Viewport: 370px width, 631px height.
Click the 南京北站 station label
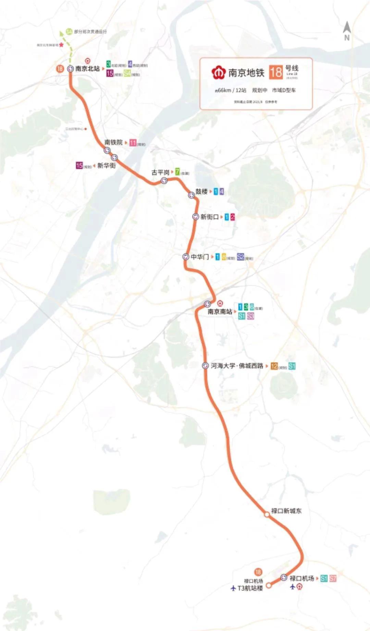coord(87,69)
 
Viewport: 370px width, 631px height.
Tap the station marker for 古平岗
coord(164,180)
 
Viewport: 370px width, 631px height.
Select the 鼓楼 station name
coord(201,191)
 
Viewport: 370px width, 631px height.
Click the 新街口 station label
coord(209,217)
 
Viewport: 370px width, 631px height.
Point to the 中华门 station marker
coord(186,257)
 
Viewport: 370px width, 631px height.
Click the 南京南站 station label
coord(220,311)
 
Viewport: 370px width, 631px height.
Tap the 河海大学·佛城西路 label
coord(237,366)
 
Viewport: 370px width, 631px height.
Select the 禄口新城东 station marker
coord(267,514)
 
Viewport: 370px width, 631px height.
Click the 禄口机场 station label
coord(302,578)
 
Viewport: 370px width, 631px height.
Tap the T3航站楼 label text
coord(250,588)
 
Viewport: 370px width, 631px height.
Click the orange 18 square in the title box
coord(276,72)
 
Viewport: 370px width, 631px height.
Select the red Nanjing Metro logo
coord(218,72)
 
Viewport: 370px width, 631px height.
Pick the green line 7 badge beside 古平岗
coord(177,171)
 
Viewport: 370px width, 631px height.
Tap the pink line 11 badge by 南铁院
coord(133,143)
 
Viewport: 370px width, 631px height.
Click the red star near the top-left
coord(61,45)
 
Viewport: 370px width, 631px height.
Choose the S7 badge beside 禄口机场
coord(333,578)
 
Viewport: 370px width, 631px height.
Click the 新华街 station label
coord(106,165)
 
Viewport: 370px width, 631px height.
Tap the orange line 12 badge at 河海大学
coord(274,366)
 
